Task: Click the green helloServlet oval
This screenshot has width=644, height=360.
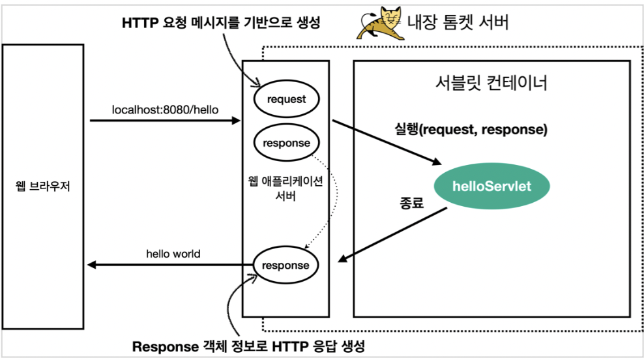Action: [x=492, y=187]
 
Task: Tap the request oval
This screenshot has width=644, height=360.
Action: [x=286, y=99]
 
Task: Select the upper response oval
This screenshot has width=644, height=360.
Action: [x=286, y=143]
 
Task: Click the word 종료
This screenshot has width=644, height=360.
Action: [x=411, y=203]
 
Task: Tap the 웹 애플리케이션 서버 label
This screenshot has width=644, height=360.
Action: [x=285, y=188]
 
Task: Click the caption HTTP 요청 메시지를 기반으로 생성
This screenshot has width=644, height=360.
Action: [x=222, y=23]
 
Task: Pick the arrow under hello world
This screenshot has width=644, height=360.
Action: [x=169, y=265]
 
